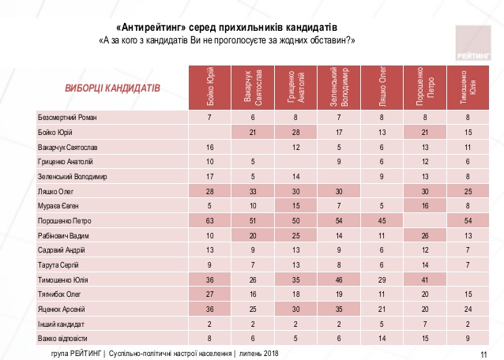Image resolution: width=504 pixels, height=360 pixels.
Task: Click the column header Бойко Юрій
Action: point(210,88)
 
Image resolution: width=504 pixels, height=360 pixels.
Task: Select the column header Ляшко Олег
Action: point(382,88)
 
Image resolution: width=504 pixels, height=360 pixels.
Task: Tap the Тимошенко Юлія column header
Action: point(468,88)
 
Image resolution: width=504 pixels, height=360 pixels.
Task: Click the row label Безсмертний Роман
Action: point(67,118)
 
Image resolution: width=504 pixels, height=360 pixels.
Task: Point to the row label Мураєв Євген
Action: point(58,206)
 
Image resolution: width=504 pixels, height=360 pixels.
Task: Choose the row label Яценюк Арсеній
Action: point(62,309)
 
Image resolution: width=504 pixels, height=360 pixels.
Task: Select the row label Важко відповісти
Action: point(62,339)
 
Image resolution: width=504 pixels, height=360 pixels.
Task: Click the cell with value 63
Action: point(209,221)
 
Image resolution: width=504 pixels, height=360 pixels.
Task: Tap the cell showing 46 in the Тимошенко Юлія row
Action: point(339,280)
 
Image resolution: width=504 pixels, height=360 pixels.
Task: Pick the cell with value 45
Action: point(382,221)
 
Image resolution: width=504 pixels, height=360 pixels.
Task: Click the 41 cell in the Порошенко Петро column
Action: point(425,280)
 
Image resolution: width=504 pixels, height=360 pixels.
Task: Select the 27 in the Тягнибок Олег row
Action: point(209,294)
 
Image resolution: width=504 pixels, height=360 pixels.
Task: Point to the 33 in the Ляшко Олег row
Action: point(253,191)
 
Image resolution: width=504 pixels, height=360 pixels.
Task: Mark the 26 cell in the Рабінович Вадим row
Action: point(425,236)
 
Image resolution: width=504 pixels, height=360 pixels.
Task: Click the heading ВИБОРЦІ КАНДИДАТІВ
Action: point(112,88)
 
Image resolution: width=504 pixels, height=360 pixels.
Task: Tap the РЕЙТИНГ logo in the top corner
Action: point(473,43)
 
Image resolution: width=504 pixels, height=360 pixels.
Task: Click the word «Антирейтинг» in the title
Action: point(151,28)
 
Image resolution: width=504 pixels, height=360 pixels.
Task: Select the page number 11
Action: point(483,354)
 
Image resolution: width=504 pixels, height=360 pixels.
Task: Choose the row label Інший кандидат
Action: point(61,324)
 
